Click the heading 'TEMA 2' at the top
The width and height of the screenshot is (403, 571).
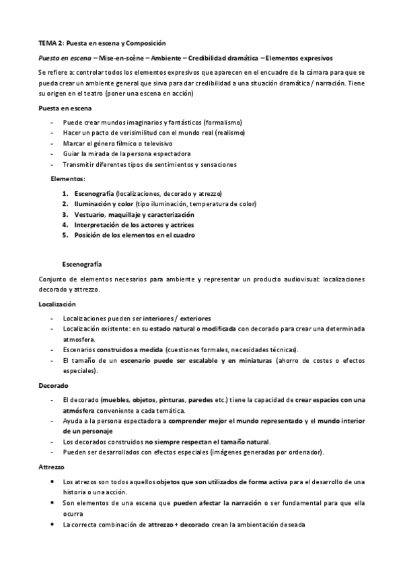(50, 42)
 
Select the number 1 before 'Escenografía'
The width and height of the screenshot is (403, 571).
(65, 193)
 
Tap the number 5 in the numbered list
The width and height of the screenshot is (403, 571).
(65, 235)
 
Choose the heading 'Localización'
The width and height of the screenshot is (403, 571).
(57, 304)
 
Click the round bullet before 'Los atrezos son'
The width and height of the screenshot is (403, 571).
(53, 482)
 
